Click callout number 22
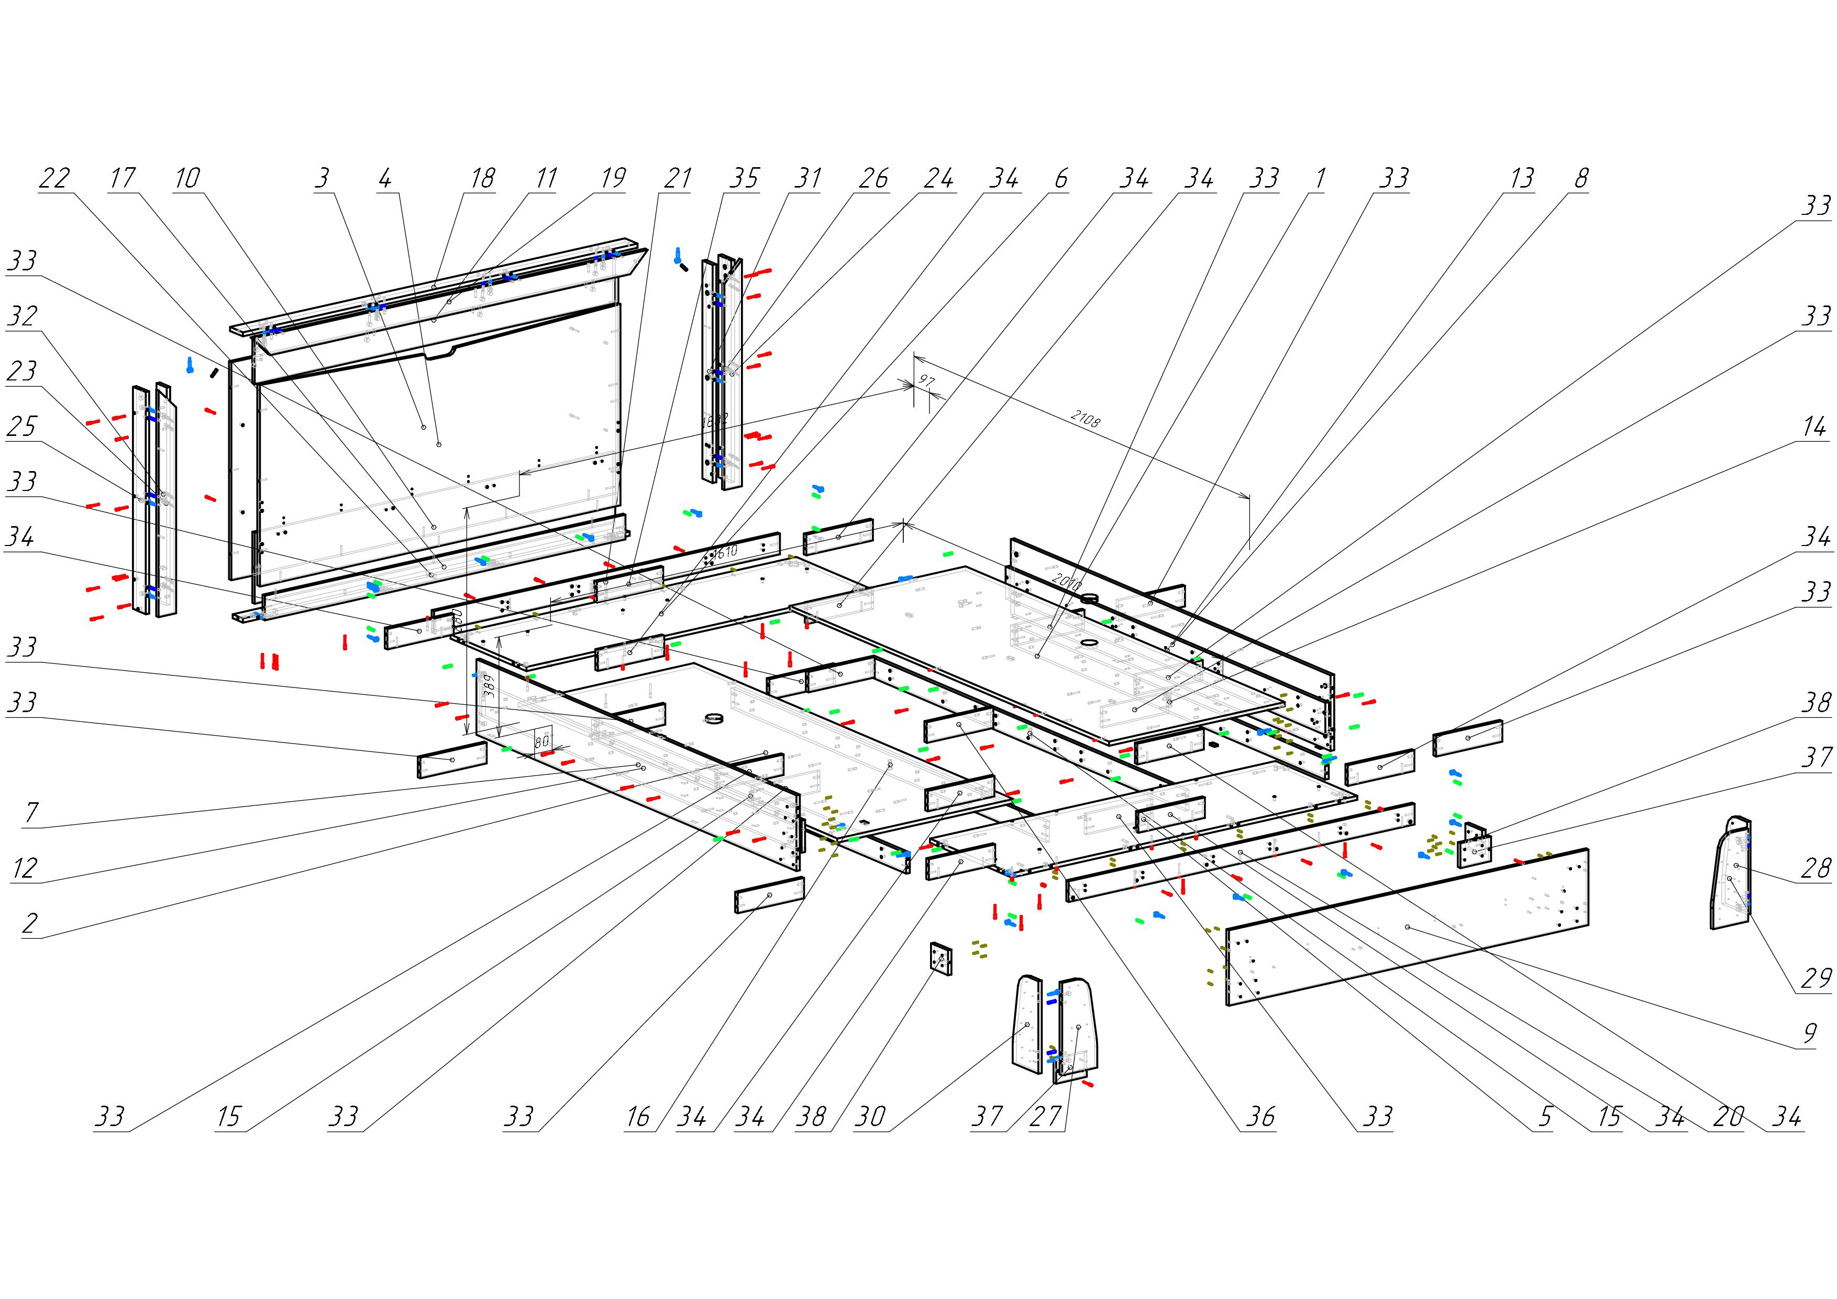coord(54,178)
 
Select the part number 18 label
coord(482,178)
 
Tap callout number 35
coord(743,178)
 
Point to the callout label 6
coord(1061,178)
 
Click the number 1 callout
coord(1320,178)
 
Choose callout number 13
coord(1522,178)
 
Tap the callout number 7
coord(31,812)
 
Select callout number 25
coord(21,427)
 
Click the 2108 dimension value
coord(1084,419)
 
